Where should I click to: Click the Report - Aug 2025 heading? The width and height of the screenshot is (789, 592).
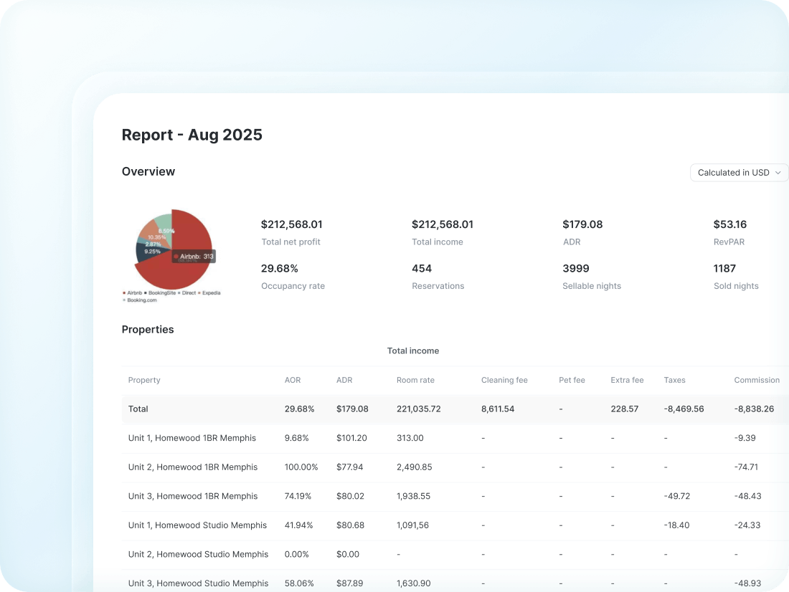click(192, 135)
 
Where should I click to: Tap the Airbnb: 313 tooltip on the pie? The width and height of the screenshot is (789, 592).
click(193, 257)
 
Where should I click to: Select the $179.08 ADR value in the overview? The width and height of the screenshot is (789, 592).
click(582, 224)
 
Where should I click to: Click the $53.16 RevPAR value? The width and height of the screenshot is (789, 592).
click(729, 224)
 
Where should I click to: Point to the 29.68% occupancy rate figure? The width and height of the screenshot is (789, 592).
click(279, 269)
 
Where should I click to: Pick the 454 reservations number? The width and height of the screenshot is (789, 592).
click(422, 269)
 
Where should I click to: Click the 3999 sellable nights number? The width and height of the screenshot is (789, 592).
click(575, 269)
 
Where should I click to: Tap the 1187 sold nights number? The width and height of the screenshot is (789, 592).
click(724, 269)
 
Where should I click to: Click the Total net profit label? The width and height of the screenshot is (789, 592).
click(290, 242)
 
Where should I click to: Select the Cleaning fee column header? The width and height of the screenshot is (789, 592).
click(504, 380)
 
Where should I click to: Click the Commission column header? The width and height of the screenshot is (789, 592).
click(756, 380)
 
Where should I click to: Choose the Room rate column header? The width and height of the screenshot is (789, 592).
click(415, 380)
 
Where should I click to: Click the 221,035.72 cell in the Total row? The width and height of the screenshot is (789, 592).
click(418, 409)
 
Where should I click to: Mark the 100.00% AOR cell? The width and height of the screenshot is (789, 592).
click(301, 467)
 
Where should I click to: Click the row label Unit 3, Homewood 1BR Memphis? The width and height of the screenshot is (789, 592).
click(192, 496)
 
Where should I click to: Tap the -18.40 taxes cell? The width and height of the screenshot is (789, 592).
click(676, 525)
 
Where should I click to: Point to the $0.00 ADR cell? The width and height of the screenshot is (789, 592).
click(348, 554)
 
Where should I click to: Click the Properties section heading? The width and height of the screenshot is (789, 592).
click(148, 330)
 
